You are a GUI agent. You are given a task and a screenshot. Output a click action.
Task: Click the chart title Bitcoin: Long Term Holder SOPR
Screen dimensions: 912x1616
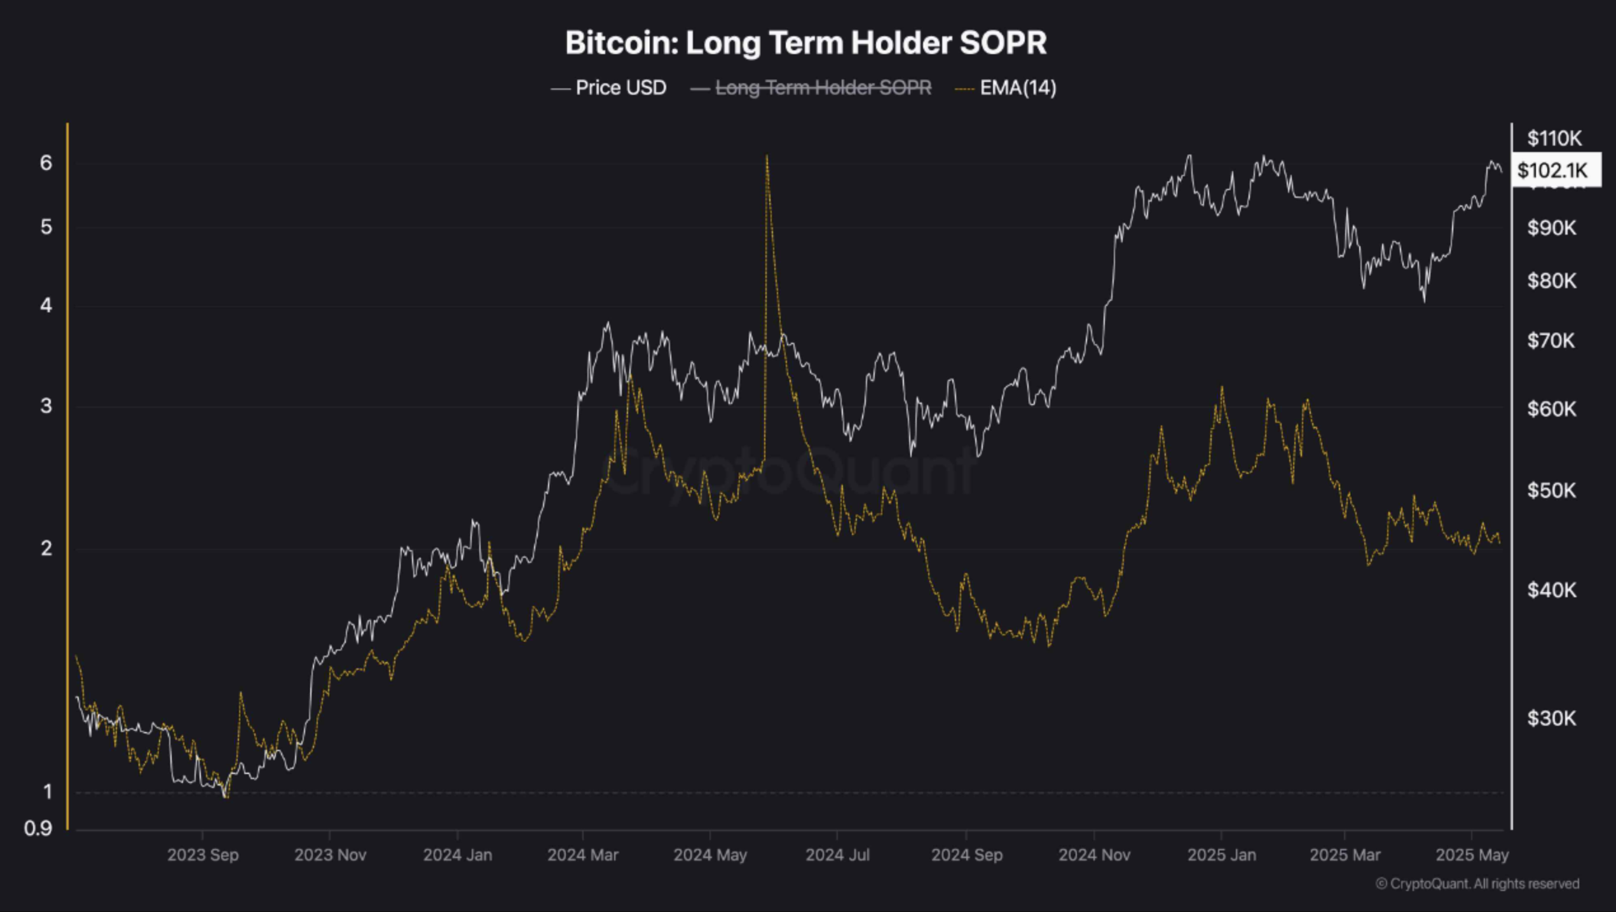[x=805, y=43]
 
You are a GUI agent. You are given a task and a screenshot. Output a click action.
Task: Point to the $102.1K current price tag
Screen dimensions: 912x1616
[x=1552, y=170]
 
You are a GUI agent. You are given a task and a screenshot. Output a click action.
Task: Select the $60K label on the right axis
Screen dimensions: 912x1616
[x=1552, y=409]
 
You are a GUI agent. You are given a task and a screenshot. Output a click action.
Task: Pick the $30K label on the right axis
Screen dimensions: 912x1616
[x=1552, y=719]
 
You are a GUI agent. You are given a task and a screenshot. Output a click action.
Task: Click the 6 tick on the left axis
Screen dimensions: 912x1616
[x=46, y=163]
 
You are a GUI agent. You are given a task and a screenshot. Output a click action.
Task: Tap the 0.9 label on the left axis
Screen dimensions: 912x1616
[x=38, y=829]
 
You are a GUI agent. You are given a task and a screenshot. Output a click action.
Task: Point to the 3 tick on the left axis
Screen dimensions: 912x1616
[x=46, y=406]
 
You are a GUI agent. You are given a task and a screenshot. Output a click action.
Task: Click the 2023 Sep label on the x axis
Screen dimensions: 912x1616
[x=203, y=855]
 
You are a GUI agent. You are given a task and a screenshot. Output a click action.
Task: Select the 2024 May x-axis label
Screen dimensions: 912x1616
[x=710, y=855]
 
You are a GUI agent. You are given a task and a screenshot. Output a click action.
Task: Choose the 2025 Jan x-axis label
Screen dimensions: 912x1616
[x=1221, y=855]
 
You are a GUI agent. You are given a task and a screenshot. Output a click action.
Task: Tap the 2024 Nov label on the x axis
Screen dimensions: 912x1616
[x=1094, y=855]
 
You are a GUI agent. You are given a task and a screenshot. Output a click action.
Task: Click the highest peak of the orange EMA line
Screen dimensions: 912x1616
[x=767, y=156]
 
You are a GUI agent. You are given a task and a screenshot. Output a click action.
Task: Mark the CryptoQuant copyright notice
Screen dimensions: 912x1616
[x=1477, y=883]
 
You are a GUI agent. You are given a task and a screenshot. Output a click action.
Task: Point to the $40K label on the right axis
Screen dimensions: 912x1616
[x=1552, y=590]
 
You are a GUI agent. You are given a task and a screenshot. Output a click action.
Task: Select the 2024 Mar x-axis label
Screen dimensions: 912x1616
[x=582, y=855]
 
